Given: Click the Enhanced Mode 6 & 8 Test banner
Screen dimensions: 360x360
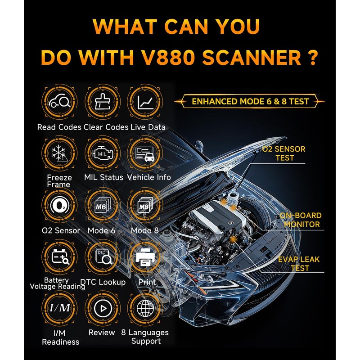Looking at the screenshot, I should pos(250,101).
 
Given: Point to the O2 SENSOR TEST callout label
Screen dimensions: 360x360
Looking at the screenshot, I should pos(284,153).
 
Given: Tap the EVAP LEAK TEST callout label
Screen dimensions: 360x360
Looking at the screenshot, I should pos(293,264).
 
